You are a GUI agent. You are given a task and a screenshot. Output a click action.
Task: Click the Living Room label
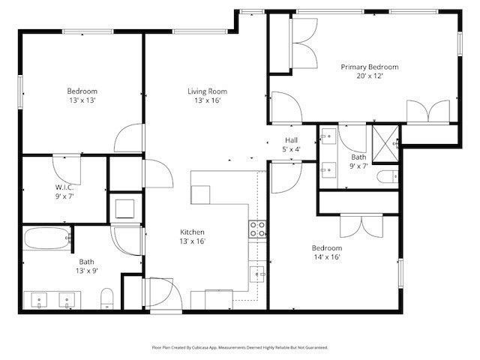pos(207,91)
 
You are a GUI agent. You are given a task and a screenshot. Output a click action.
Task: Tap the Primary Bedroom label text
pos(369,67)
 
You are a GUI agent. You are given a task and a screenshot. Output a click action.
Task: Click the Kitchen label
pos(192,232)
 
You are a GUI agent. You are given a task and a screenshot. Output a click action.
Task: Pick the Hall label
pos(292,140)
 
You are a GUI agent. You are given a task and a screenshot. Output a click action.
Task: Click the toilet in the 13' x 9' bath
pos(106,298)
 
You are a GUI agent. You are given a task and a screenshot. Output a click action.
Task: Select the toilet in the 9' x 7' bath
pos(386,178)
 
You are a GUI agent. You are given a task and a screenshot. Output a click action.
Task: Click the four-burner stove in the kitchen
pos(257,229)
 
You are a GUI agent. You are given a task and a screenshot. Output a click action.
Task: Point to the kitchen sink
pos(257,274)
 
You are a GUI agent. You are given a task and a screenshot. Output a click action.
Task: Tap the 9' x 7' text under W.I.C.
pos(64,196)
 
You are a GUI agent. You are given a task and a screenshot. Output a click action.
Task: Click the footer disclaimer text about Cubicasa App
pos(240,347)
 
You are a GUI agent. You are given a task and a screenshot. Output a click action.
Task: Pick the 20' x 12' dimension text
pos(369,76)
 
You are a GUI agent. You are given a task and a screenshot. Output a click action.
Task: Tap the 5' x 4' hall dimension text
pos(292,149)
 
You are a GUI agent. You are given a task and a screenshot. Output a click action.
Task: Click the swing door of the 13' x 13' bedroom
pos(127,138)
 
